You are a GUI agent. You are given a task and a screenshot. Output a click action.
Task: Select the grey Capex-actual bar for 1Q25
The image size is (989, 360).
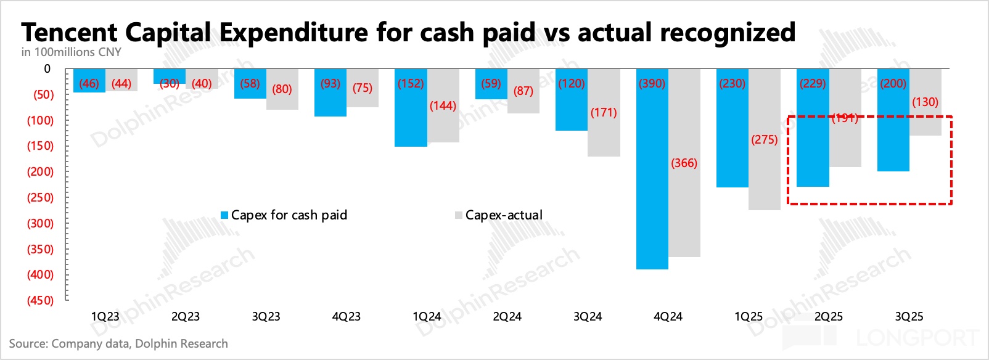tap(765, 179)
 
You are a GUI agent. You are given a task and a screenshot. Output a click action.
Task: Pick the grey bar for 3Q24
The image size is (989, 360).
tap(604, 136)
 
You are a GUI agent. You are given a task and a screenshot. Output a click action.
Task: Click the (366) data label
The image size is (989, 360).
tap(684, 163)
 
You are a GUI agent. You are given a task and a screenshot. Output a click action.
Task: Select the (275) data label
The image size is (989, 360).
tap(765, 140)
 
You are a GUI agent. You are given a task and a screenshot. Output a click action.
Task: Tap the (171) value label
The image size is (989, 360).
tap(604, 113)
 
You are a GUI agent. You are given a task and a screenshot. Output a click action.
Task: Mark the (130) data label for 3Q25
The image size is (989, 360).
tap(925, 102)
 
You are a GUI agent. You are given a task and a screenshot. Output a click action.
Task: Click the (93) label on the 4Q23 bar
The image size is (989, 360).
tap(330, 84)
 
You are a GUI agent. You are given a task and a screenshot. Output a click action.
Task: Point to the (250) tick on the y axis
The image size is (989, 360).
tap(40, 198)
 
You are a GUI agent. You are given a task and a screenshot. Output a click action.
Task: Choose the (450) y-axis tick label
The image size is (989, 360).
tap(40, 301)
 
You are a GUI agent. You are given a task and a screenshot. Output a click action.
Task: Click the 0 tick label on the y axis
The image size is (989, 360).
tap(47, 69)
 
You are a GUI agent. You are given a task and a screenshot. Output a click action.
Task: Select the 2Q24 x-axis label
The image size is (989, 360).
tap(507, 317)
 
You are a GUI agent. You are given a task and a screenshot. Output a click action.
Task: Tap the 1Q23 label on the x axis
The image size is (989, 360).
tap(105, 317)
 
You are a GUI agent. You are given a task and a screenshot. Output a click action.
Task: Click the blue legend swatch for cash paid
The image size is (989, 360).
tap(225, 215)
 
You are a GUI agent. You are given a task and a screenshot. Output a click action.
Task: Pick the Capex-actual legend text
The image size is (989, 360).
tap(504, 215)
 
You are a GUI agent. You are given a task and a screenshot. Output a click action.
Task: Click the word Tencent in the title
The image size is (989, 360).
tap(69, 33)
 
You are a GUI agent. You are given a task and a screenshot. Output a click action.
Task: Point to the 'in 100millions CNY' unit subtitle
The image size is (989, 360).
tap(72, 52)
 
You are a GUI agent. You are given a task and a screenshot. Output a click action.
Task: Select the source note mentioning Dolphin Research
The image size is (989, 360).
tap(118, 344)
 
